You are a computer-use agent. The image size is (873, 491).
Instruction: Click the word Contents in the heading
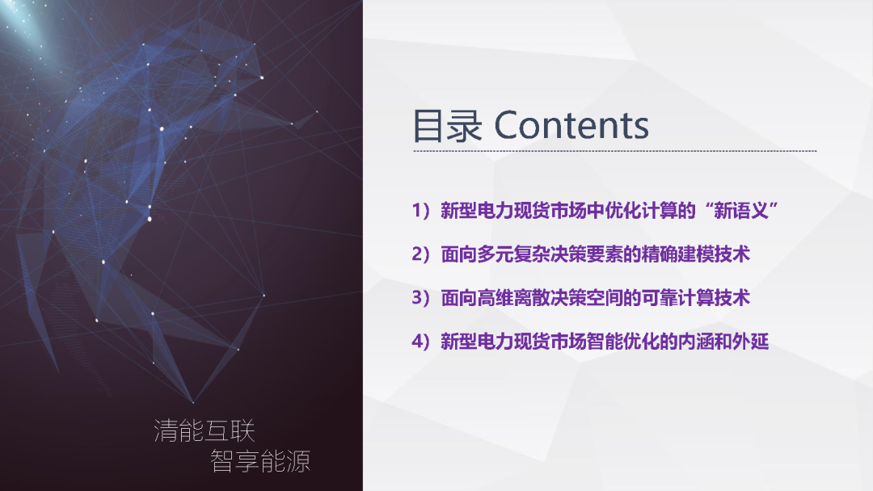571,125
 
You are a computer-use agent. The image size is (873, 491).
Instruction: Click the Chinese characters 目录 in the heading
447,126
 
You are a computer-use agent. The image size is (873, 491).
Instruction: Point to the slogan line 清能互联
205,430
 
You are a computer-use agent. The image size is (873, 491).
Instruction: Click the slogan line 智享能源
260,461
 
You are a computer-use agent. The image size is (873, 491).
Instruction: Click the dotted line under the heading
615,151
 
